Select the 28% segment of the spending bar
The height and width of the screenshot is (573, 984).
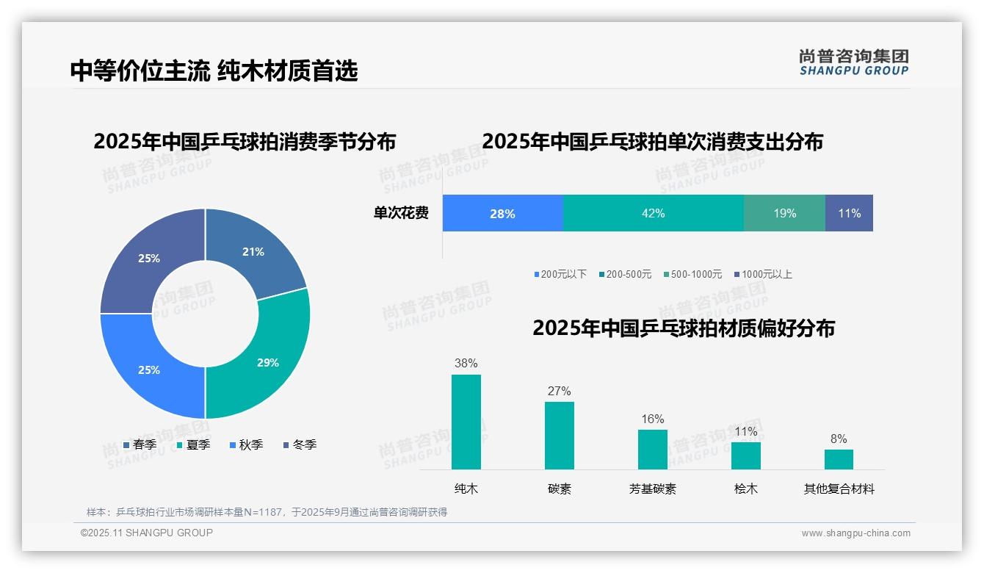point(502,214)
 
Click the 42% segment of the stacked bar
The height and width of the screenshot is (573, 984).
point(653,214)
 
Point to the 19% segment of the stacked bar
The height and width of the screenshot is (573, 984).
point(784,214)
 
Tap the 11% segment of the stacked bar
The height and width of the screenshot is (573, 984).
point(849,214)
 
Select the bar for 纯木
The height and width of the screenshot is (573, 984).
point(466,422)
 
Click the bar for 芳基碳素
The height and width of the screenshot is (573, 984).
point(652,449)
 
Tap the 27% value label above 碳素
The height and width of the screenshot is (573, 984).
point(559,392)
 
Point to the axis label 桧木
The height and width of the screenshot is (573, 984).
point(745,489)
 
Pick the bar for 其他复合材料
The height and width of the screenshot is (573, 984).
point(839,459)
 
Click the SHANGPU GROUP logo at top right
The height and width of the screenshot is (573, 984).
point(853,62)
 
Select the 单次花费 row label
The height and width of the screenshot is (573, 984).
point(401,214)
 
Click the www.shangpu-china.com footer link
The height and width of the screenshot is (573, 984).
point(855,533)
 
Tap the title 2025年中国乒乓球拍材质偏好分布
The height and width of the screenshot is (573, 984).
point(683,328)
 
